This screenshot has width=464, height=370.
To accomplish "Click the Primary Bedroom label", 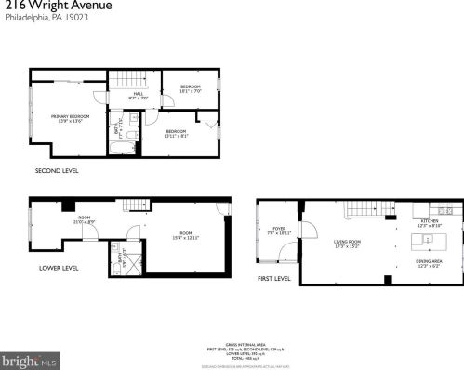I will tap(70, 117).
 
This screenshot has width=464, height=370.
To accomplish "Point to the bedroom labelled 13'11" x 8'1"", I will tap(177, 133).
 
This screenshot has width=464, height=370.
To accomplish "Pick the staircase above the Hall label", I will tap(125, 79).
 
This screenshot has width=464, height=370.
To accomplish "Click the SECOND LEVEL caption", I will tap(57, 171).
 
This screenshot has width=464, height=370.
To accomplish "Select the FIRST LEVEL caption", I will tap(276, 278).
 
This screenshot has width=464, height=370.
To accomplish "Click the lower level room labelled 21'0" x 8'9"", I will tap(84, 220).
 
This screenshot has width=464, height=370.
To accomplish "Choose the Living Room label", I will tap(348, 244).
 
